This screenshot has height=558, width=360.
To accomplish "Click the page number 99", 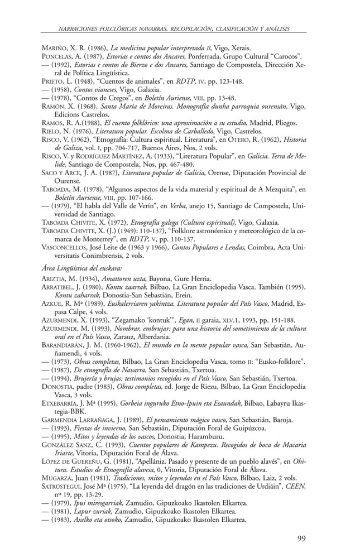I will [302, 539].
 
